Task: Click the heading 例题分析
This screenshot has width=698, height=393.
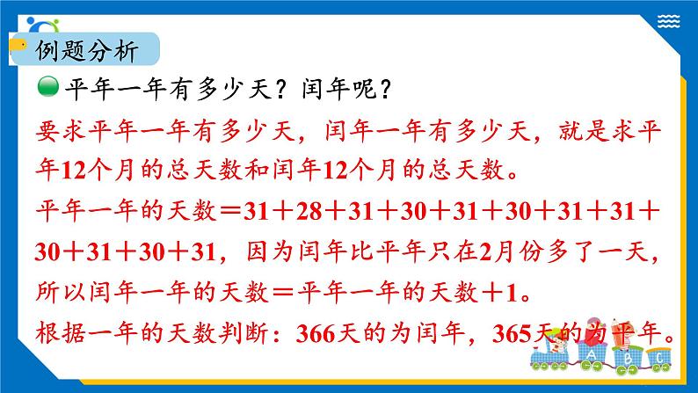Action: [84, 52]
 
